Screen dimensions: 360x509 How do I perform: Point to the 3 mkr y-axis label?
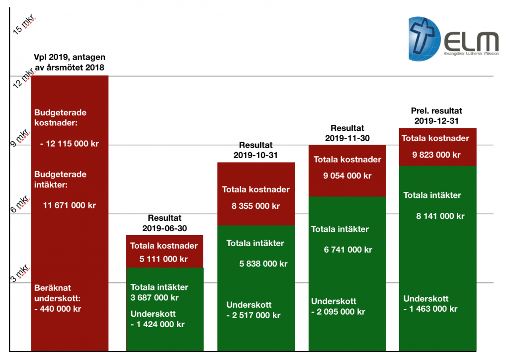21,272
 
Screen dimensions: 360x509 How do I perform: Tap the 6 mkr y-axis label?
21,204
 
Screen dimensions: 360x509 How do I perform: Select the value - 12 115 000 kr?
69,144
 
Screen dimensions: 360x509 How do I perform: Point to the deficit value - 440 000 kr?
58,308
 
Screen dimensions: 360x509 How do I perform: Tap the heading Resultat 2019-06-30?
165,223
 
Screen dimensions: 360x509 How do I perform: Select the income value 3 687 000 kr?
155,298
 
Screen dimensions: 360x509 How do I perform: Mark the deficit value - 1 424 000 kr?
158,325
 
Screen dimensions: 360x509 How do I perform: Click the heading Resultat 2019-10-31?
255,150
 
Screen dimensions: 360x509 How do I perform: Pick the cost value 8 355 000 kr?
255,206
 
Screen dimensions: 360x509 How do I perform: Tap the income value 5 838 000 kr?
263,264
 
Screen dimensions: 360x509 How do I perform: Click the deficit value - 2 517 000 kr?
254,315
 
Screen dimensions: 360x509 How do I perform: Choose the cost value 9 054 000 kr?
347,176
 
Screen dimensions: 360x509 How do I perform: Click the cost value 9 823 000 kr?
436,155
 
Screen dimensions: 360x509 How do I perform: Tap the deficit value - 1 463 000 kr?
430,309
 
